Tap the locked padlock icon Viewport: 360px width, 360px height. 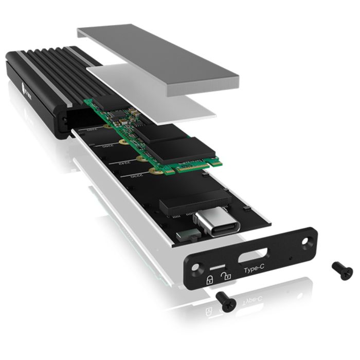tap(210, 280)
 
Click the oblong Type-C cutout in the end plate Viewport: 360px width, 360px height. tap(253, 256)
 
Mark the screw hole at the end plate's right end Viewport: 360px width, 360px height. tap(309, 240)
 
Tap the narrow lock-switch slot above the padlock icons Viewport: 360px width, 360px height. tap(218, 267)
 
